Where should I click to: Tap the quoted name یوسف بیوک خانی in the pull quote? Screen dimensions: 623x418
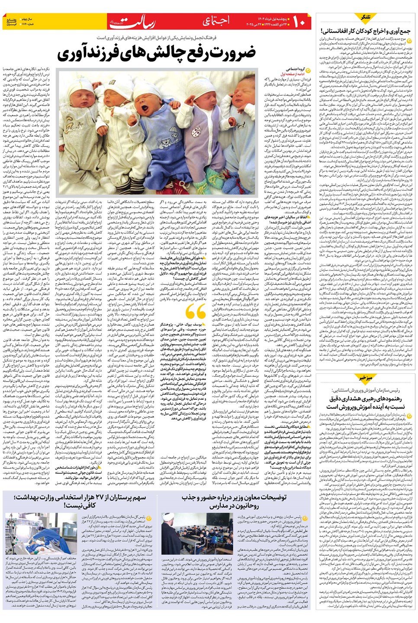tap(189, 324)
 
